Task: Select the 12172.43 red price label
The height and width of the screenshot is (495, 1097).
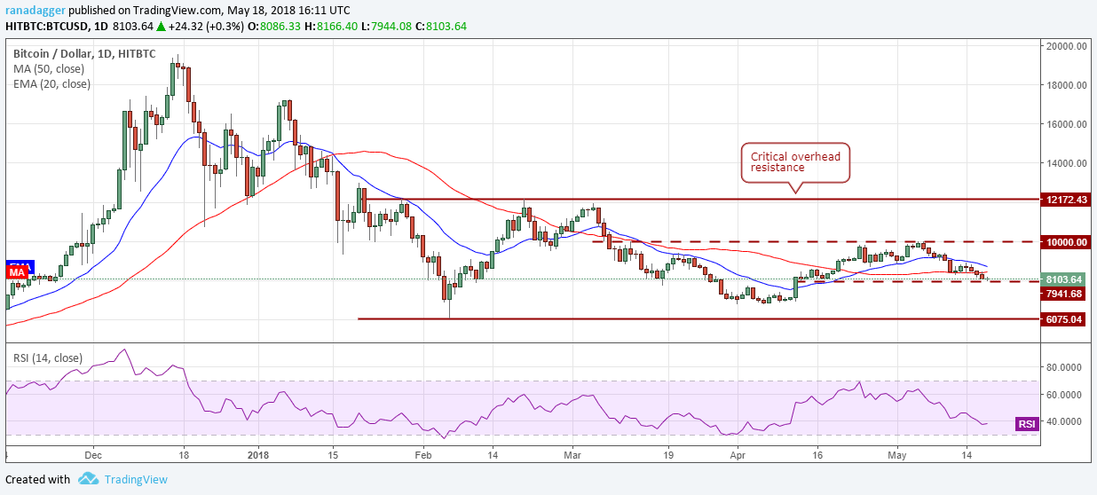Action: (x=1065, y=200)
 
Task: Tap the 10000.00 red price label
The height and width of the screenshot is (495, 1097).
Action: (x=1065, y=241)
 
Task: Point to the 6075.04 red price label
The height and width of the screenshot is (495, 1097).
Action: (x=1065, y=318)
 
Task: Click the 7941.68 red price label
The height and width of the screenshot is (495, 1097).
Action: (x=1065, y=293)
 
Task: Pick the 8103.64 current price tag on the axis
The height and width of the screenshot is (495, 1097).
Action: (x=1065, y=279)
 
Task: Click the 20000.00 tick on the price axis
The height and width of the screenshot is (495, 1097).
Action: (x=1066, y=46)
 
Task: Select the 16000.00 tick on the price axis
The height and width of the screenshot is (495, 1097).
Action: (x=1066, y=124)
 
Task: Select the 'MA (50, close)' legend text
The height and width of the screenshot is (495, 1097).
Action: (x=50, y=69)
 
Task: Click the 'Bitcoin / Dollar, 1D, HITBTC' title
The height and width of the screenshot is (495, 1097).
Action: (x=84, y=53)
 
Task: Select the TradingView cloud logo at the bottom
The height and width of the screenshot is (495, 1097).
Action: (x=87, y=479)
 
